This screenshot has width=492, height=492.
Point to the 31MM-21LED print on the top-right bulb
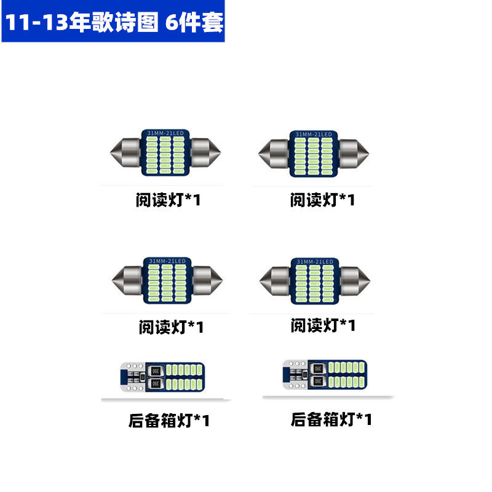[x=314, y=133]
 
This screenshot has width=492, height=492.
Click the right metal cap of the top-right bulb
[x=354, y=153]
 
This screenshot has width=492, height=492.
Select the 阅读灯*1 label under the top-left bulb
[x=168, y=200]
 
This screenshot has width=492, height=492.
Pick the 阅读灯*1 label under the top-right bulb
[x=322, y=200]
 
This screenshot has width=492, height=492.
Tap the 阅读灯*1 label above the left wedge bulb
[x=170, y=327]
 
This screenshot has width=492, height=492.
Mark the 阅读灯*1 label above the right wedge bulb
[x=323, y=325]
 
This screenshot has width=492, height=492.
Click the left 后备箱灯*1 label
[x=169, y=421]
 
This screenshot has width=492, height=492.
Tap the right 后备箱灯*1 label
[x=331, y=419]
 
